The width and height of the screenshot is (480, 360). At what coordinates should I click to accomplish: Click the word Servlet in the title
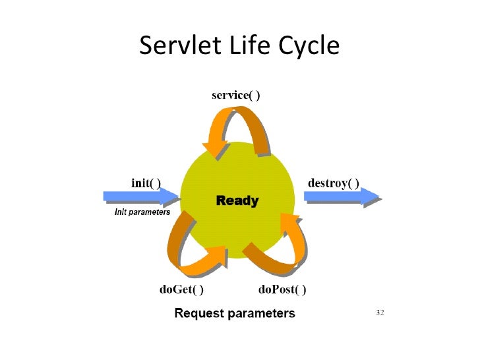(x=179, y=45)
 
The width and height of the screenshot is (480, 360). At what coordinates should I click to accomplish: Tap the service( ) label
(x=235, y=95)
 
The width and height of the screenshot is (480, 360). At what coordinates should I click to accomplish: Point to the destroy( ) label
(x=334, y=183)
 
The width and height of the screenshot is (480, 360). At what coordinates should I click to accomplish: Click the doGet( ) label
(x=181, y=289)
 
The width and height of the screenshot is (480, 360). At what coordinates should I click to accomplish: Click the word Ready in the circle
(x=237, y=200)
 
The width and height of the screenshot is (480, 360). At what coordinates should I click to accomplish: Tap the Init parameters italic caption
(x=139, y=212)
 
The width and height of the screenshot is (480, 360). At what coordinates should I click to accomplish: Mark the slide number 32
(x=380, y=312)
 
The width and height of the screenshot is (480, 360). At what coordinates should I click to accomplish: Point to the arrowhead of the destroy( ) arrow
(x=371, y=196)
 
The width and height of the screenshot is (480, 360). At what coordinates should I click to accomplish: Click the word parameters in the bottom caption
(x=262, y=313)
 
